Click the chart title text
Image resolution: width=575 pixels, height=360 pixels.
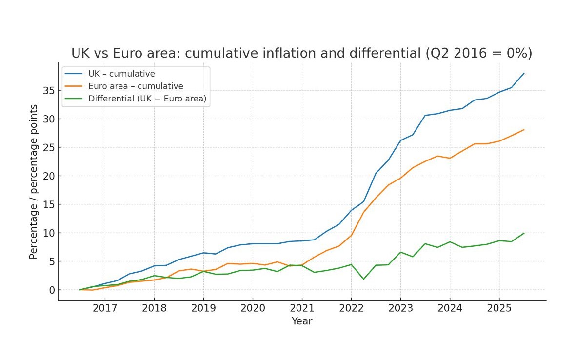point(301,53)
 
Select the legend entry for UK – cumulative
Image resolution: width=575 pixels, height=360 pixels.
point(121,74)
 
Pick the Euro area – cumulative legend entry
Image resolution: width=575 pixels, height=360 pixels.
point(136,86)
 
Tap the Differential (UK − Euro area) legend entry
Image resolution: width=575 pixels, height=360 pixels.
point(147,99)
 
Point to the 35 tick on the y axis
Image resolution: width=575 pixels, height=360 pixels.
point(48,90)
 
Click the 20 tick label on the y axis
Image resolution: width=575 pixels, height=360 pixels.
point(48,176)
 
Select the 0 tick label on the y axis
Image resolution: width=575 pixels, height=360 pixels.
point(50,290)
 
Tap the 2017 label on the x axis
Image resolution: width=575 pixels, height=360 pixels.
point(105,308)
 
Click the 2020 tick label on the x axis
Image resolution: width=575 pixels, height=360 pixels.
point(253,308)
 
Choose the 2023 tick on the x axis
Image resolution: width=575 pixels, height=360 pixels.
point(400,308)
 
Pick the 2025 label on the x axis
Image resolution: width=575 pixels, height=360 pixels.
point(499,308)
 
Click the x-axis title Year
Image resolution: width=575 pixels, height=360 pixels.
point(302,321)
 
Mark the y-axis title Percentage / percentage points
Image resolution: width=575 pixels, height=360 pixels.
point(34,181)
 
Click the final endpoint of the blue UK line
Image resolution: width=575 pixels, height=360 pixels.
point(524,73)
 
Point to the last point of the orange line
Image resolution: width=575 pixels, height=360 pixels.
point(524,130)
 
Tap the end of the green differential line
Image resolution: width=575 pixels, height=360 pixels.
point(524,233)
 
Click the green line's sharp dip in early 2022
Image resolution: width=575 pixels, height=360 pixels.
point(364,279)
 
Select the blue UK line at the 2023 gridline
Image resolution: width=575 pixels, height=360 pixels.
point(400,140)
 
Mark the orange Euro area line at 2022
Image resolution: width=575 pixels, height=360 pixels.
point(351,236)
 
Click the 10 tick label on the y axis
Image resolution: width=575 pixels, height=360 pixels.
point(48,233)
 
